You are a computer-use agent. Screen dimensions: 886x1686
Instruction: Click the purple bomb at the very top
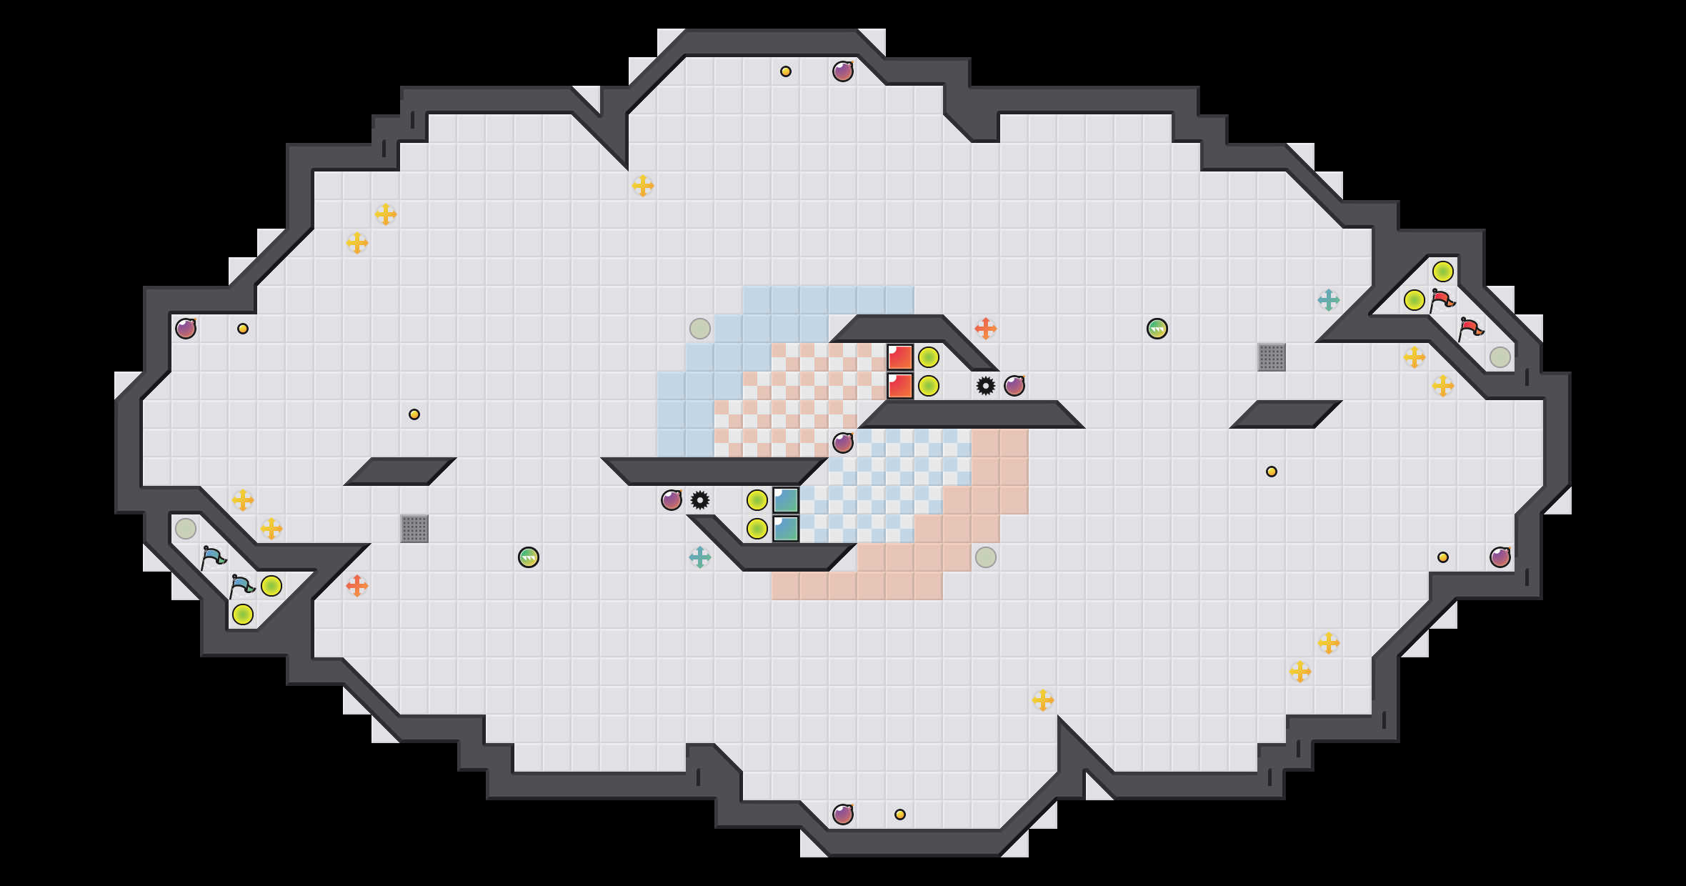point(843,71)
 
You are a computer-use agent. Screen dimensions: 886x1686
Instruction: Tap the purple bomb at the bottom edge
point(843,815)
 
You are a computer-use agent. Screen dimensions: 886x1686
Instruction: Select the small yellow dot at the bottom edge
point(900,815)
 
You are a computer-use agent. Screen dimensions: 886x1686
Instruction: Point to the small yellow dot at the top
point(786,71)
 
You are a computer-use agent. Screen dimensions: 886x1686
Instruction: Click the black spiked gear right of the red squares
point(986,386)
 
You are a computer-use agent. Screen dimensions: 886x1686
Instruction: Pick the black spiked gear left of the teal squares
point(700,500)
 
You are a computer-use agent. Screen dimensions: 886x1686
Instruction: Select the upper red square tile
point(900,357)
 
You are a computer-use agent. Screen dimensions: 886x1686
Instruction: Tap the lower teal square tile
point(786,529)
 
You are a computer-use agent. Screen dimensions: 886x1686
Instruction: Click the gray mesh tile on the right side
point(1272,357)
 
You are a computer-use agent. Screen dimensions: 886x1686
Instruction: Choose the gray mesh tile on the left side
point(414,529)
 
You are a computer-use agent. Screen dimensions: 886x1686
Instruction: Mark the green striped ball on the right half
point(1157,329)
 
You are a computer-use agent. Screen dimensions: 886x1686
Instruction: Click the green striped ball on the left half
point(529,557)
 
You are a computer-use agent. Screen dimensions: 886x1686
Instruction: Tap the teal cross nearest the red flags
point(1329,300)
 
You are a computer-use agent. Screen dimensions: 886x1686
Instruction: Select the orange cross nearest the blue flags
point(357,586)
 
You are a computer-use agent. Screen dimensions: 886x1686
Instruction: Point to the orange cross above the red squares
point(986,329)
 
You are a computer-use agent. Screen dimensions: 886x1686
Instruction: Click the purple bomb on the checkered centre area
point(843,443)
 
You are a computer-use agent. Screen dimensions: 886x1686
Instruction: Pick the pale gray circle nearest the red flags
point(1500,357)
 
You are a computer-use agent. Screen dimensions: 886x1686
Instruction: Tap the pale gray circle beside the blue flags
point(186,529)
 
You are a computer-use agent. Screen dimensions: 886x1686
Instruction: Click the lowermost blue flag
point(241,586)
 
